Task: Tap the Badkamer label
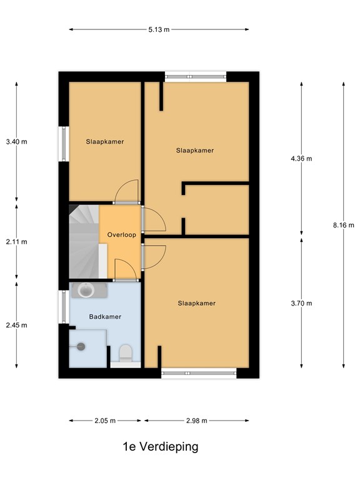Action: [104, 317]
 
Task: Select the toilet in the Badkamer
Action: [125, 353]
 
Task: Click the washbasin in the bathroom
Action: [86, 290]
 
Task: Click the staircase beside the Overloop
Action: [84, 241]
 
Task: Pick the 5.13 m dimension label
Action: [159, 29]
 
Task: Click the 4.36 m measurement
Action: [301, 159]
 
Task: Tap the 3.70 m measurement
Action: [301, 304]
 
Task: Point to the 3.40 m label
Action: [17, 142]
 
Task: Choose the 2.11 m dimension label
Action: [17, 241]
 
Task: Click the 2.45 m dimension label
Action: [17, 325]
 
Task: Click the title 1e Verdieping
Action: [161, 447]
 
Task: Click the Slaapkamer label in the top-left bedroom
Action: [104, 142]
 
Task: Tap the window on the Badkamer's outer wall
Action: [63, 307]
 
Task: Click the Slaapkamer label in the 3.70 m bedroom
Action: [196, 303]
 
